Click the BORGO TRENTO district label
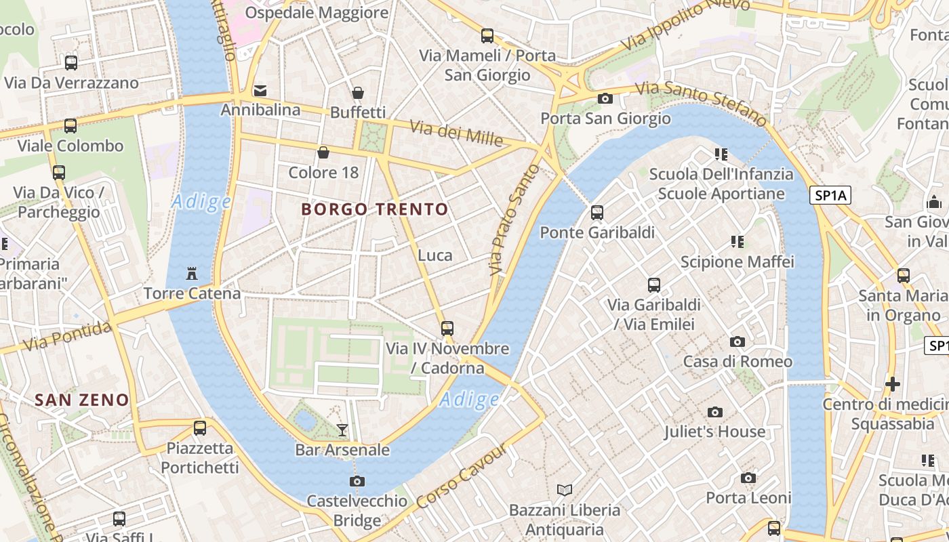tap(375, 209)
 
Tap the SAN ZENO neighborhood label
tap(82, 400)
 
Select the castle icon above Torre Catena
tap(192, 274)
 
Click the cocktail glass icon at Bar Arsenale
tap(342, 430)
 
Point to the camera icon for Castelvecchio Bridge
tap(357, 481)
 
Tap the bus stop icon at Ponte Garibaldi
tap(597, 213)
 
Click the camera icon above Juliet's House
tap(714, 412)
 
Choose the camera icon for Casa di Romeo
tap(738, 341)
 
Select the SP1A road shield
tap(830, 196)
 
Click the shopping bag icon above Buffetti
tap(358, 93)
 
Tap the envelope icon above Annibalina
tap(260, 90)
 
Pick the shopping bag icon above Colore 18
tap(323, 152)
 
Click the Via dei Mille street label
tap(456, 132)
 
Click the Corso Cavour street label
tap(462, 476)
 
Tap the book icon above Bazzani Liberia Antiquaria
tap(565, 489)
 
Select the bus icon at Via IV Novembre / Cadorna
tap(447, 329)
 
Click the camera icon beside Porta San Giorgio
tap(605, 99)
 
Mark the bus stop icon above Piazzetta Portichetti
tap(200, 428)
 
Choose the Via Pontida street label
tap(68, 337)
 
